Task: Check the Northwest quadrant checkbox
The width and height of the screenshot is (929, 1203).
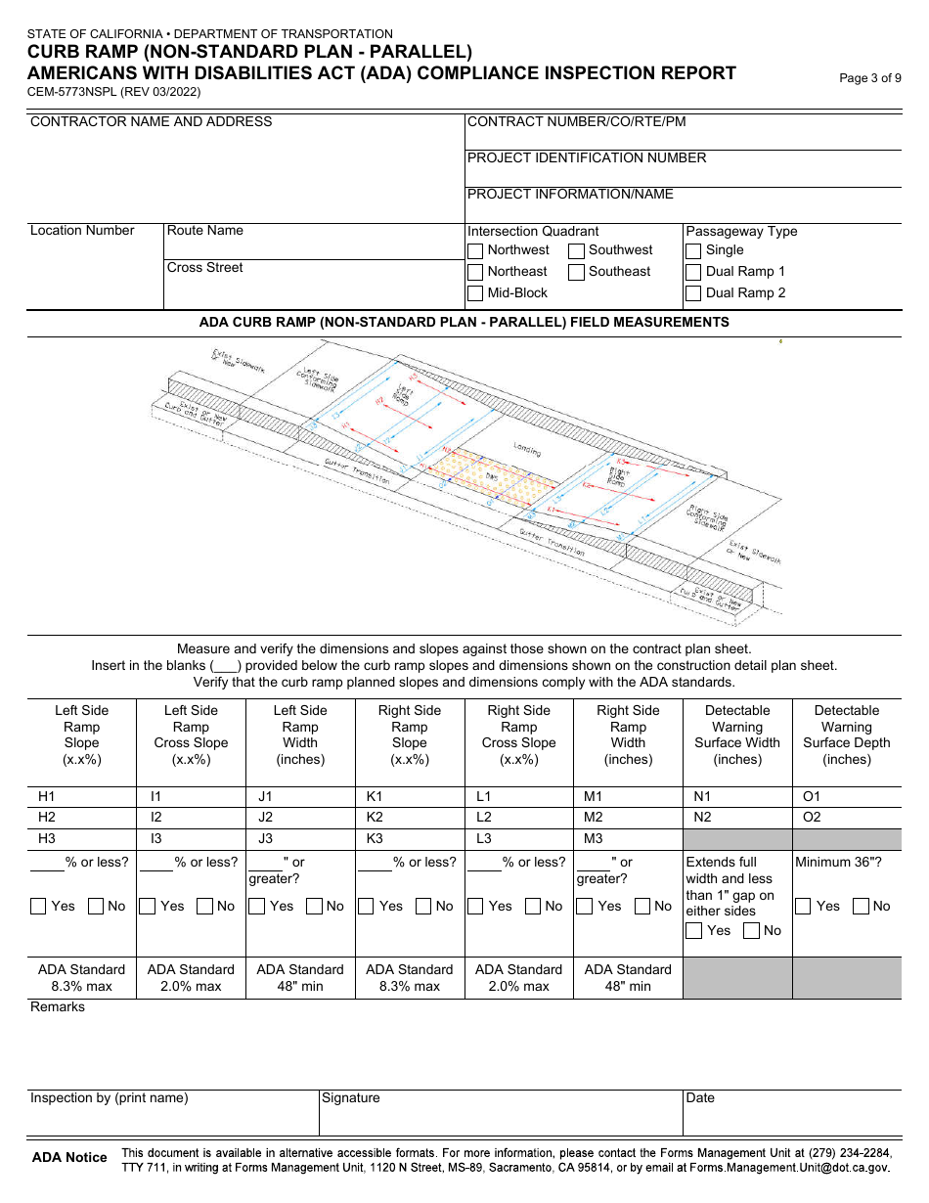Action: pyautogui.click(x=475, y=250)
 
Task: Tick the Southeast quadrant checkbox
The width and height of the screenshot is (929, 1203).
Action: pyautogui.click(x=577, y=272)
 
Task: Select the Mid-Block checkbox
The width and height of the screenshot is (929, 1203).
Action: pyautogui.click(x=475, y=293)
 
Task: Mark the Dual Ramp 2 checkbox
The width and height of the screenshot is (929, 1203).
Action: pyautogui.click(x=693, y=293)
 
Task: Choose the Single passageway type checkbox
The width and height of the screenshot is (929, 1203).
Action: pyautogui.click(x=693, y=250)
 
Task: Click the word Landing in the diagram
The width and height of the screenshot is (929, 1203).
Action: pyautogui.click(x=527, y=451)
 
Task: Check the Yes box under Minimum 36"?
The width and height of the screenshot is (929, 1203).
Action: pyautogui.click(x=803, y=907)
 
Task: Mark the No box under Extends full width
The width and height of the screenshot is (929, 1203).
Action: pyautogui.click(x=751, y=931)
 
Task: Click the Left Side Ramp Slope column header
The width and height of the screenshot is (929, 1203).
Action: pyautogui.click(x=81, y=735)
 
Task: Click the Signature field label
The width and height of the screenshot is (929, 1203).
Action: pyautogui.click(x=351, y=1098)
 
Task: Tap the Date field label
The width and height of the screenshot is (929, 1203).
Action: pyautogui.click(x=700, y=1098)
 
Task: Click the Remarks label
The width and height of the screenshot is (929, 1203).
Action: pyautogui.click(x=58, y=1007)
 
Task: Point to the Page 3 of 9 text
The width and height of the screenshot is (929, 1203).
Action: pyautogui.click(x=870, y=79)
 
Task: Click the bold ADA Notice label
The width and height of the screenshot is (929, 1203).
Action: pyautogui.click(x=69, y=1158)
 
